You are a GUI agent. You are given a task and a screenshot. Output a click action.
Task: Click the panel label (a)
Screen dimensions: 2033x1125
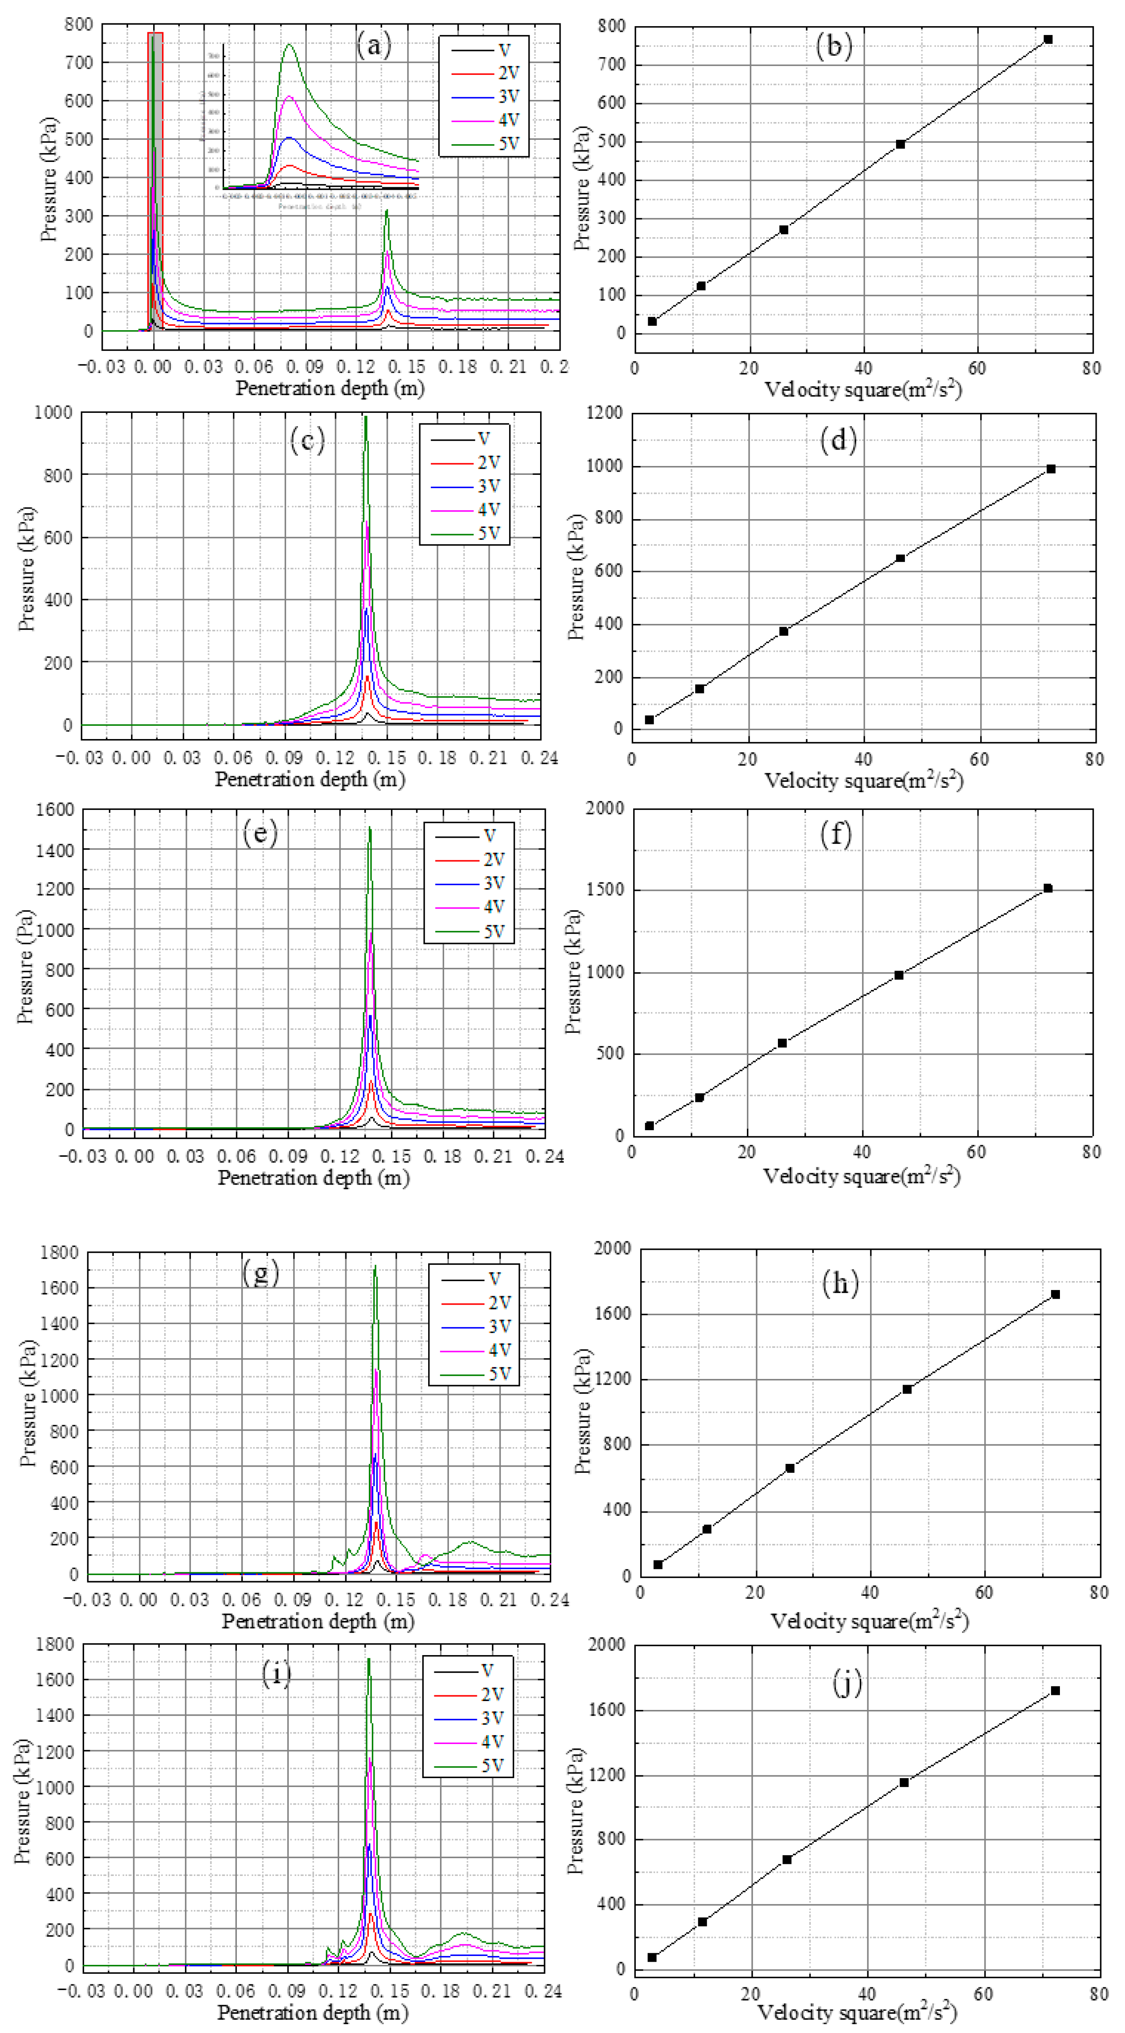click(x=373, y=46)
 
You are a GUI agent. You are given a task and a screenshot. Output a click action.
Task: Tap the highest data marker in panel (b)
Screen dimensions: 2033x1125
click(x=1048, y=39)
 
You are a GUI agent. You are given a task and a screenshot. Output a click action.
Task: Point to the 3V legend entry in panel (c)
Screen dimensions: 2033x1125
click(x=466, y=486)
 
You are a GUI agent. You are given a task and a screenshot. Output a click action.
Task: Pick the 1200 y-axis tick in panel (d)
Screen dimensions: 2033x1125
click(x=604, y=413)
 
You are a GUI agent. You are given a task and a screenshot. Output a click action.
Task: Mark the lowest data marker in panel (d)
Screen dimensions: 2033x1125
click(x=649, y=720)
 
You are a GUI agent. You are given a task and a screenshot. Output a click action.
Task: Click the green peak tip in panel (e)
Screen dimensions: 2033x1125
click(x=370, y=828)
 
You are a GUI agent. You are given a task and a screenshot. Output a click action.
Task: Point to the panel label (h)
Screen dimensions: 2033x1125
click(x=840, y=1284)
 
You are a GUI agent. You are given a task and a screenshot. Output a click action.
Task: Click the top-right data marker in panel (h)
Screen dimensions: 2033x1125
click(x=1055, y=1294)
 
